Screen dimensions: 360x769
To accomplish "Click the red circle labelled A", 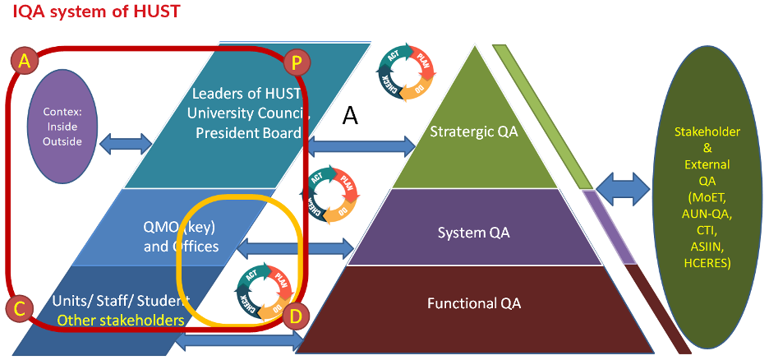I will (25, 60).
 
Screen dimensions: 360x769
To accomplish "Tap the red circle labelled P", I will (296, 61).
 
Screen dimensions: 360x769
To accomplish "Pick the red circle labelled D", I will (297, 315).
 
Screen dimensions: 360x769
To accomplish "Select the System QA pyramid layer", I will (473, 233).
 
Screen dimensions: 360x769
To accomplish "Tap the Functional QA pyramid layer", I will (474, 303).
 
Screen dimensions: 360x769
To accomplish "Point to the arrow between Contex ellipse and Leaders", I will (125, 143).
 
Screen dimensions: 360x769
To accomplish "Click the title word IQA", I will (30, 12).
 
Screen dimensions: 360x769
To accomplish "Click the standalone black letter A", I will (350, 117).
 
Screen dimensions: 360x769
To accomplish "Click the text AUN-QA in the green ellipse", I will (707, 213).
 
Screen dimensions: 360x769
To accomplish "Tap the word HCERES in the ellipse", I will (707, 263).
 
